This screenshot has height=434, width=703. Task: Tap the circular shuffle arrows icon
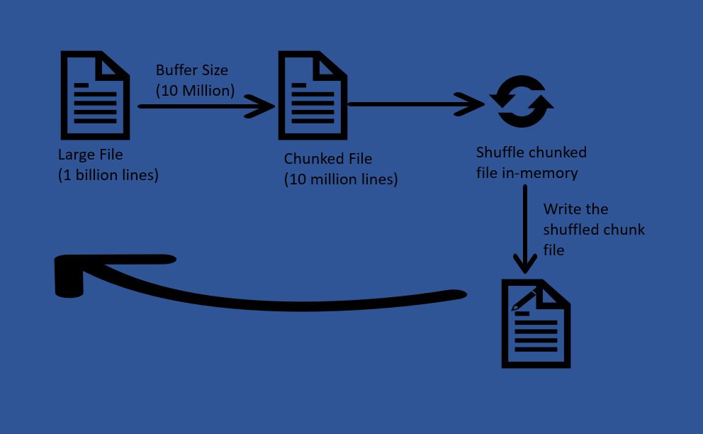522,102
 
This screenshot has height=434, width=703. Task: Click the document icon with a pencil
536,324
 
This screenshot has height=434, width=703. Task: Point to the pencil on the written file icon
524,299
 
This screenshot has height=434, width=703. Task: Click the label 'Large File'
90,155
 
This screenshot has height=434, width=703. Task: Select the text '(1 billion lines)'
108,174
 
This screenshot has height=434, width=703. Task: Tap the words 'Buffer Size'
192,70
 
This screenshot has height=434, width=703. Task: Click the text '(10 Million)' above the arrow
195,90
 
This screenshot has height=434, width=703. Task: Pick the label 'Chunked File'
327,159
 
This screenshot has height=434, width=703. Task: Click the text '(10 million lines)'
341,179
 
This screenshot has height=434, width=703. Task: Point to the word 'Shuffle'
500,152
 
